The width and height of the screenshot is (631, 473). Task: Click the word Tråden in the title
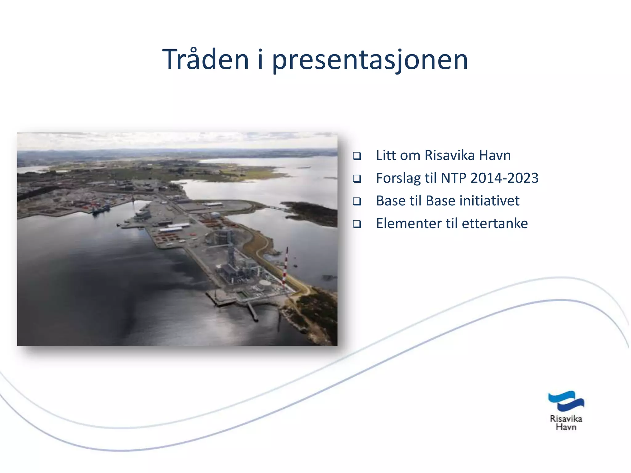pyautogui.click(x=205, y=60)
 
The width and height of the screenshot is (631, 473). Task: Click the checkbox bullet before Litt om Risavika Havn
pyautogui.click(x=357, y=156)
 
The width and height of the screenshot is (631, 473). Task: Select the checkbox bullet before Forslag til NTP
pyautogui.click(x=357, y=179)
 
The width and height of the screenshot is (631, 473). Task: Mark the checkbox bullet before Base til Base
pyautogui.click(x=357, y=201)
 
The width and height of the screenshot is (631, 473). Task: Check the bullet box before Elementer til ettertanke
pyautogui.click(x=357, y=224)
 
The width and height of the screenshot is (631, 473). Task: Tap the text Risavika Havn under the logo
pyautogui.click(x=566, y=423)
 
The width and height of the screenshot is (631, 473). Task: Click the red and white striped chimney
pyautogui.click(x=285, y=266)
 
